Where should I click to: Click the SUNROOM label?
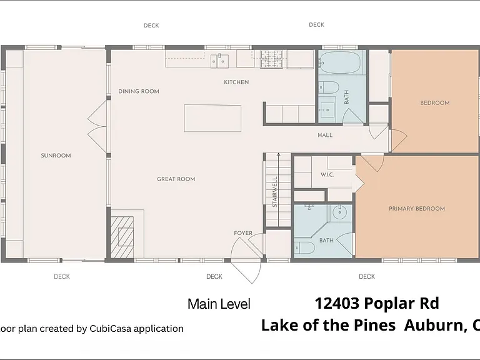click(56, 156)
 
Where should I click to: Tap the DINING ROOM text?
click(139, 91)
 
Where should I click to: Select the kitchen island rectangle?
click(212, 118)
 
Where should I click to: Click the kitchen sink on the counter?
click(219, 61)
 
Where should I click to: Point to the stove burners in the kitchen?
click(271, 59)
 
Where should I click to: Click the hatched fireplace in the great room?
click(122, 237)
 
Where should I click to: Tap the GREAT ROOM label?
click(176, 179)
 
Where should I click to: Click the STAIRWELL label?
click(274, 192)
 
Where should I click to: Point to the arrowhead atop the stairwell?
click(278, 155)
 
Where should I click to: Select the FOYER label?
click(243, 233)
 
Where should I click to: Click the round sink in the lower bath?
click(339, 212)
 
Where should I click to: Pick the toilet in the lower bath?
click(304, 247)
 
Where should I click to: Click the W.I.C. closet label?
click(327, 175)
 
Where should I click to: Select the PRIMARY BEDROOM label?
click(417, 209)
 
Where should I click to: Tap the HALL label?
click(325, 135)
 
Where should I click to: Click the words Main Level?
click(219, 304)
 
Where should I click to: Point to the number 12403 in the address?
click(337, 303)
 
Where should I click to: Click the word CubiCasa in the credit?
click(110, 329)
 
